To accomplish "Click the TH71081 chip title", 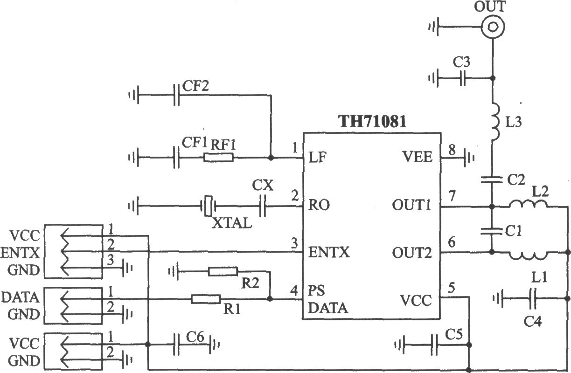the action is click(372, 121).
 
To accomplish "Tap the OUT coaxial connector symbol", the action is click(493, 27).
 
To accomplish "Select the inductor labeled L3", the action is click(495, 121).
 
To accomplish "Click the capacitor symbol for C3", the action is click(463, 78).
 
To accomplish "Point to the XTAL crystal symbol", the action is click(208, 206).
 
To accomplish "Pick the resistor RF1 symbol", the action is click(218, 158).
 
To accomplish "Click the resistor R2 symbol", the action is click(223, 272).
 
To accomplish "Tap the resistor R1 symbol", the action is click(206, 299).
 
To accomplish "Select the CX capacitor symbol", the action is click(263, 206).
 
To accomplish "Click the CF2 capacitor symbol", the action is click(176, 95).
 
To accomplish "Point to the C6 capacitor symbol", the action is click(176, 345).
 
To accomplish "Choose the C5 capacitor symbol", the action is click(434, 345).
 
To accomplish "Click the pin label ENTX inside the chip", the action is click(329, 252).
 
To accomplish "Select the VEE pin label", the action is click(418, 157).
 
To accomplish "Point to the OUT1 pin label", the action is click(411, 205).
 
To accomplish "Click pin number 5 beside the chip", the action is click(452, 288).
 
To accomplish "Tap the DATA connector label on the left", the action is click(21, 297).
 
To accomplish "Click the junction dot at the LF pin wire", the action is click(271, 158).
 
